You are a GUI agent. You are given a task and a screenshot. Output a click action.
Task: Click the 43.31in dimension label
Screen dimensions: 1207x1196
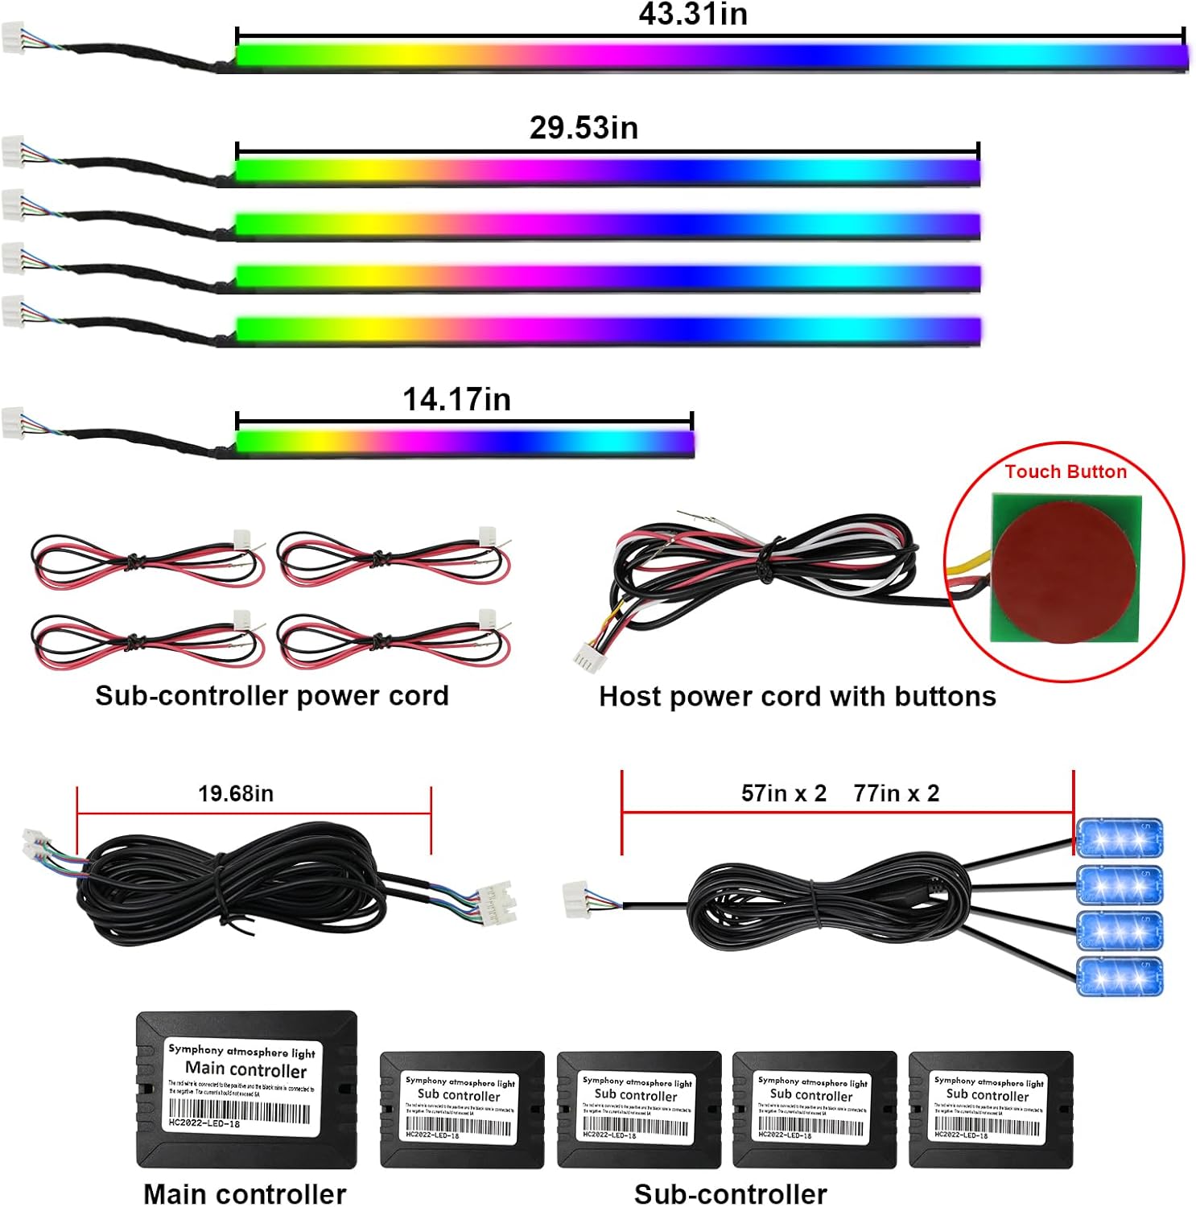pos(693,14)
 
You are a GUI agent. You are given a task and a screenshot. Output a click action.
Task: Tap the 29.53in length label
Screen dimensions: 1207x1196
pos(584,128)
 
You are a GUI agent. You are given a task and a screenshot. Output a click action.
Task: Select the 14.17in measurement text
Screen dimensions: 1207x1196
pos(456,399)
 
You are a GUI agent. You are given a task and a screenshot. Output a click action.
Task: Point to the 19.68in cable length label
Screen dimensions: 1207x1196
pos(236,793)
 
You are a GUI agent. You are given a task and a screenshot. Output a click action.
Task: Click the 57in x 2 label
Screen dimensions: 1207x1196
pos(783,793)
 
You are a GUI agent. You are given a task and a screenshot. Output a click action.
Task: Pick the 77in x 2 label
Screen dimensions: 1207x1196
pos(896,793)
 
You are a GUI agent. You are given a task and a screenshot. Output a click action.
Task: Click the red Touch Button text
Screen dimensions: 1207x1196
pos(1065,472)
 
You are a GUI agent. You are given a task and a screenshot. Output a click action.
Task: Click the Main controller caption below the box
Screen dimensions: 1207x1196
pos(245,1193)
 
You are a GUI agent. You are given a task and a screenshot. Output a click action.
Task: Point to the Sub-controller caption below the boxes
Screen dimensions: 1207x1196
pos(730,1193)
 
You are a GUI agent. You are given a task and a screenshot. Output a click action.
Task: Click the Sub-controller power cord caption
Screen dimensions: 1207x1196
pos(271,695)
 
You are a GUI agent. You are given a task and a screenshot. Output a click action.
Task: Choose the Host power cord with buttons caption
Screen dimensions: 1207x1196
pos(797,696)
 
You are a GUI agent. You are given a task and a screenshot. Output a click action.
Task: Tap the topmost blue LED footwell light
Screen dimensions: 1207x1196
pos(1119,838)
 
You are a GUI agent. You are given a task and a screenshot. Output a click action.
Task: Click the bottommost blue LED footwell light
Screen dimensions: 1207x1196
pos(1119,976)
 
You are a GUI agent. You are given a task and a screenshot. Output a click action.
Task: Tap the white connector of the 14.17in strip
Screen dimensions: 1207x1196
pos(13,423)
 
